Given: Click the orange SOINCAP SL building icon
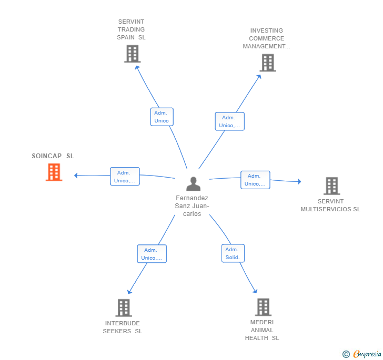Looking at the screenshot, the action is (54, 172).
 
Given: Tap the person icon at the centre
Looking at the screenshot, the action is (194, 184).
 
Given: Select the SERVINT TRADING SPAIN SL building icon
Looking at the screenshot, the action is (133, 54).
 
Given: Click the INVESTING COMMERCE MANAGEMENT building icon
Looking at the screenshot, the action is (268, 63).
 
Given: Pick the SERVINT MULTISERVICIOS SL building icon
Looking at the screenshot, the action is (331, 186).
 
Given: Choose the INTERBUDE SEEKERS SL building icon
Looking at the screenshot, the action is (124, 307).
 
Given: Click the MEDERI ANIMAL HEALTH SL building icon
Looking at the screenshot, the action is (263, 307).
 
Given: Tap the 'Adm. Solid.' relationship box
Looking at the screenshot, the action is (233, 253).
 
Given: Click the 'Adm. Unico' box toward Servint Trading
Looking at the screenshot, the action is (162, 117).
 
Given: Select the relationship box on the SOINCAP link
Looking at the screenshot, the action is (125, 177).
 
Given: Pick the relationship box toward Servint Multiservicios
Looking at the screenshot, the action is (255, 180).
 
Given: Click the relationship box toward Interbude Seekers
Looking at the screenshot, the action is (152, 254).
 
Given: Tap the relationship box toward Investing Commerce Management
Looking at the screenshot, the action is (229, 121).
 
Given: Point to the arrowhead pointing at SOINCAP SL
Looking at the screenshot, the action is (76, 176).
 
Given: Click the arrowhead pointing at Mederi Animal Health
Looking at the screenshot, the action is (255, 291).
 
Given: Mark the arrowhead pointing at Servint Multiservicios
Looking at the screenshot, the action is (299, 182).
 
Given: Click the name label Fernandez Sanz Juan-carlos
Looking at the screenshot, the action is (192, 205).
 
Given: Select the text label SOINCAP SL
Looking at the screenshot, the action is (53, 156).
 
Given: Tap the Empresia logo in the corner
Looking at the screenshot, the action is (362, 354).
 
